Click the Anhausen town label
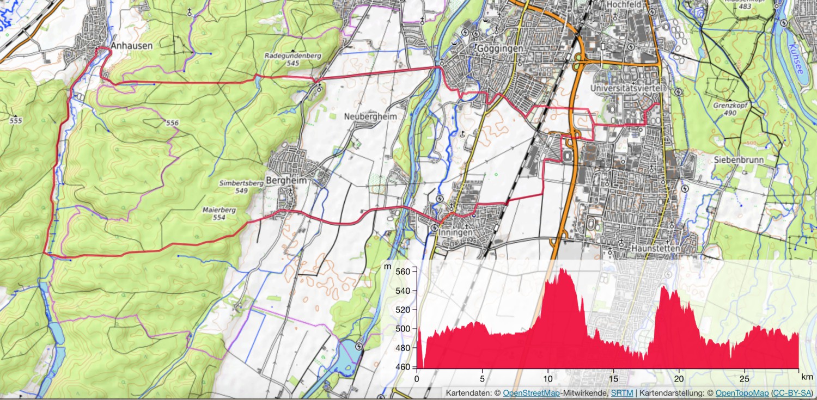(131, 47)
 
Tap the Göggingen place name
(499, 48)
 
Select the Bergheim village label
(286, 181)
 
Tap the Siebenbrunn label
(739, 160)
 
